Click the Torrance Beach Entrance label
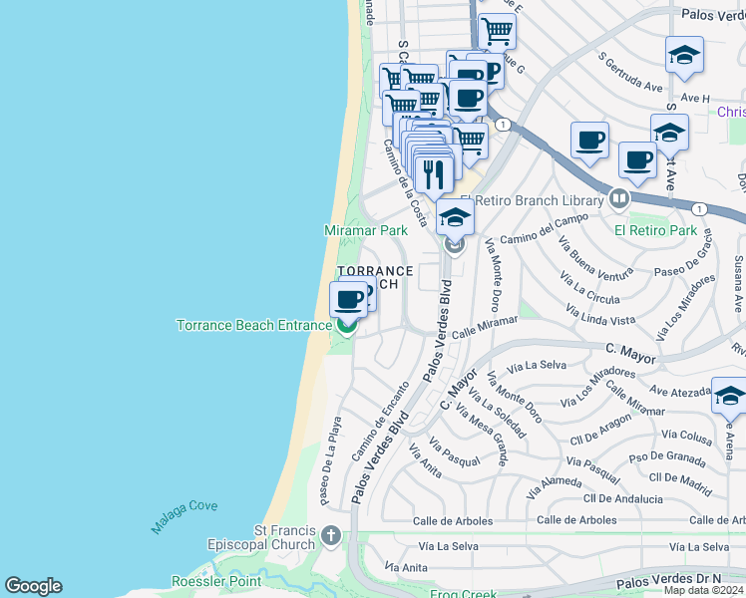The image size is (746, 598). (253, 325)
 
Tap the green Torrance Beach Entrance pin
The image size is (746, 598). (347, 325)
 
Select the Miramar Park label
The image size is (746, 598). (366, 230)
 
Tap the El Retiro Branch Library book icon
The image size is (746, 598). (619, 200)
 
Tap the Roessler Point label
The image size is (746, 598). (215, 581)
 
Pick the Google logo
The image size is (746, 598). (33, 586)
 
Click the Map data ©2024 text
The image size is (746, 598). (704, 590)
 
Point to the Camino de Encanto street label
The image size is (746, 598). (380, 422)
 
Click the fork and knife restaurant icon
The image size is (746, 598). (433, 174)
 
